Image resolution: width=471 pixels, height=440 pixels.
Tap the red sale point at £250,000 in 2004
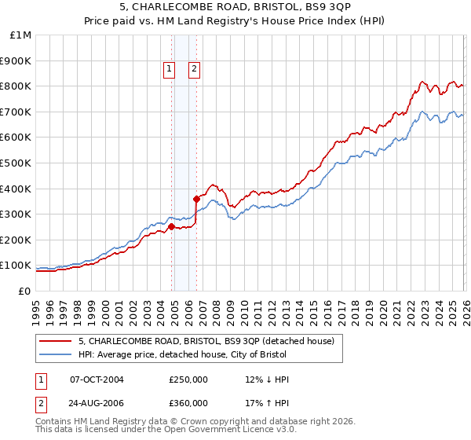click(x=171, y=226)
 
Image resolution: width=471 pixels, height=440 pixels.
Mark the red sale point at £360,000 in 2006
click(x=197, y=199)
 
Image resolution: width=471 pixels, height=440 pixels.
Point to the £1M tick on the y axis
click(x=21, y=35)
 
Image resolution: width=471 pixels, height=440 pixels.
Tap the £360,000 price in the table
click(x=188, y=403)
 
